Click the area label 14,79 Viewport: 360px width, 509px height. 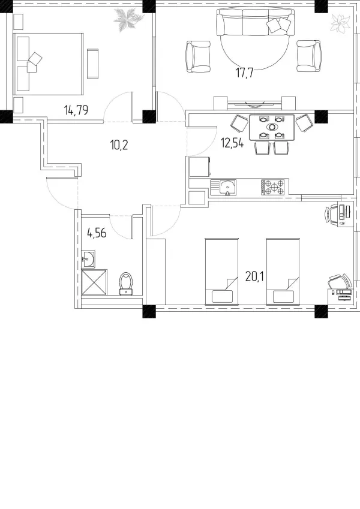(x=76, y=110)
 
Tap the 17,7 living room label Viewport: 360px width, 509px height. (x=244, y=73)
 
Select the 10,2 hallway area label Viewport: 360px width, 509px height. (x=119, y=144)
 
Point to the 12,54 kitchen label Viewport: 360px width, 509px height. (x=232, y=143)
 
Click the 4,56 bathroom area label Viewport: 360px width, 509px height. (x=97, y=233)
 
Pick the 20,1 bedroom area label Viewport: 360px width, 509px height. (x=255, y=276)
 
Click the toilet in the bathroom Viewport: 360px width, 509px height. (x=126, y=284)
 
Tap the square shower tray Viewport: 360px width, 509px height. (x=94, y=282)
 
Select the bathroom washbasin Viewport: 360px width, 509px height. (x=88, y=259)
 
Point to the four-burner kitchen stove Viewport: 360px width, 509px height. (x=273, y=187)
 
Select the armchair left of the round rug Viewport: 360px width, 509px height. (x=198, y=56)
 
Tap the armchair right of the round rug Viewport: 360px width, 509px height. (x=309, y=56)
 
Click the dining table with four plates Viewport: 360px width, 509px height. (x=272, y=127)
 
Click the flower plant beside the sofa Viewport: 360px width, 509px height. (x=341, y=23)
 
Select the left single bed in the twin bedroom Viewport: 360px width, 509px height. (x=223, y=272)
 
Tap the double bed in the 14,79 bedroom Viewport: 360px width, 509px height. (x=48, y=64)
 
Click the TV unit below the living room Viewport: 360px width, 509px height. (x=254, y=104)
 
